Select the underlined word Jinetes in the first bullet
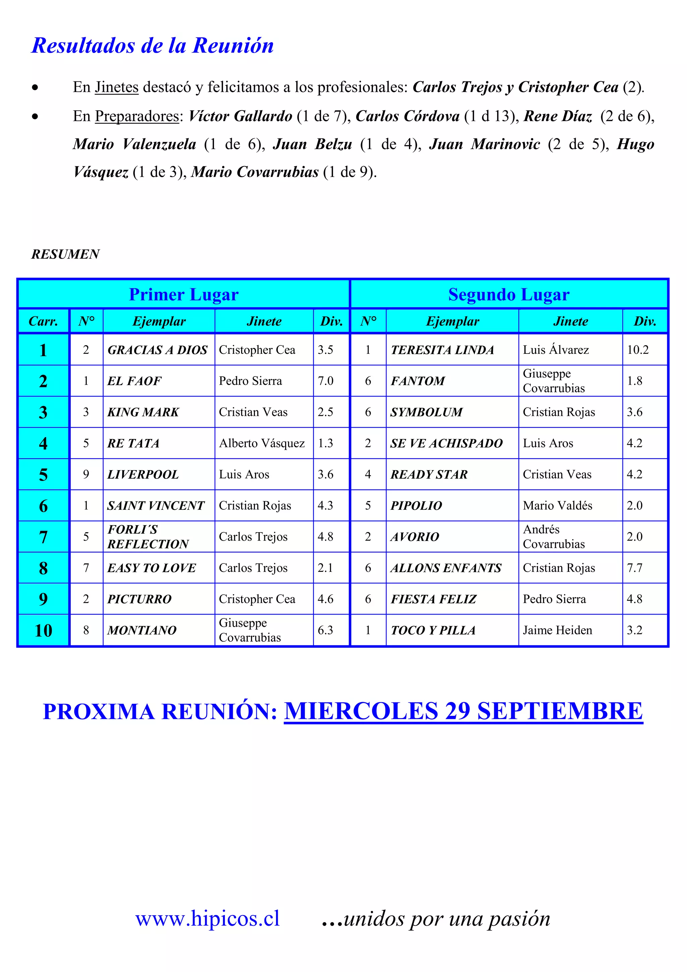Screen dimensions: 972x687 116,87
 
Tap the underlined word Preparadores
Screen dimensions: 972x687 137,116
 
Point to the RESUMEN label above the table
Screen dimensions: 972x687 66,254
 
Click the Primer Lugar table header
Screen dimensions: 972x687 184,294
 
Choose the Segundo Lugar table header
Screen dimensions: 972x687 509,294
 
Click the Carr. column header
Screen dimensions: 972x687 43,321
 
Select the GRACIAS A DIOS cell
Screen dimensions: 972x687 157,350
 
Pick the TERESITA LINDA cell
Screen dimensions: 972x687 442,350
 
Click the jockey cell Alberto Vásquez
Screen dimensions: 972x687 262,443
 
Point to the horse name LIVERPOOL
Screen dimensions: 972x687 143,475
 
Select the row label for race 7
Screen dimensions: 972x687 43,537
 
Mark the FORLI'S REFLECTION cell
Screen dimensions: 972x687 148,537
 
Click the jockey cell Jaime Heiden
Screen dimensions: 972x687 558,630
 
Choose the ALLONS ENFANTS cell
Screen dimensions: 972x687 446,568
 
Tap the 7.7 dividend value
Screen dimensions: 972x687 635,568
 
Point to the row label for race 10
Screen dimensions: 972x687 43,630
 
